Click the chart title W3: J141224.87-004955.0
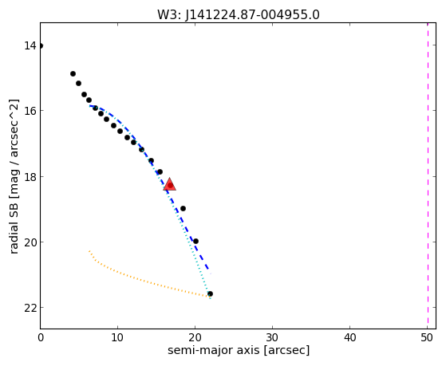pos(239,14)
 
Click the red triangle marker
pos(170,184)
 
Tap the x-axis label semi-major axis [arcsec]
pos(239,350)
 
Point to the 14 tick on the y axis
pos(30,45)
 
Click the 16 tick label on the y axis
pos(30,111)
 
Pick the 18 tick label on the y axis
pos(30,176)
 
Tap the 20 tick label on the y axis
pos(30,242)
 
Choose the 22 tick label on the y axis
pos(30,308)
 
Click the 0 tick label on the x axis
pos(41,337)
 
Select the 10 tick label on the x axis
pos(117,337)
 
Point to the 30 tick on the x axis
pos(273,337)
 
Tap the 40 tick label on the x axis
pos(350,337)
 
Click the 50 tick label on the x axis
pos(427,337)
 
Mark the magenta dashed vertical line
pos(428,175)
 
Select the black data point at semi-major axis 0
pos(41,45)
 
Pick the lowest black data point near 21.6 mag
pos(210,293)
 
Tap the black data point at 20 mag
pos(195,241)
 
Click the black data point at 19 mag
pos(183,208)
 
